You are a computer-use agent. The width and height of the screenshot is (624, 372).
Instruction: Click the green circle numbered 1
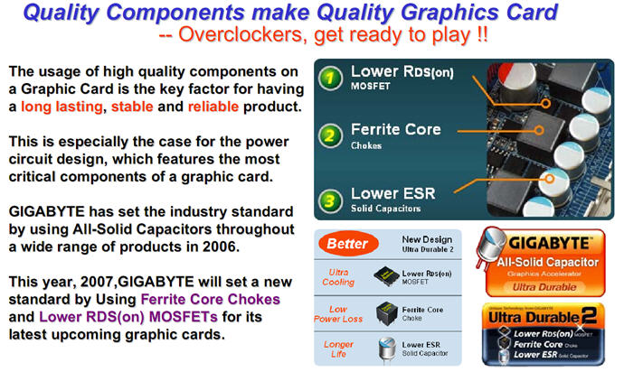[330, 78]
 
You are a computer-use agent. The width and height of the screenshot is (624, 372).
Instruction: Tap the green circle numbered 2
[330, 135]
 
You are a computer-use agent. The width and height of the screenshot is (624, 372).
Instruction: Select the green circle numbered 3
[330, 200]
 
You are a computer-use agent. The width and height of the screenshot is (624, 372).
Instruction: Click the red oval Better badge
[348, 243]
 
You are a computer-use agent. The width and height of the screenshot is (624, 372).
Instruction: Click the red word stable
[132, 107]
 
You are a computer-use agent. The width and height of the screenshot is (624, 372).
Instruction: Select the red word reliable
[213, 107]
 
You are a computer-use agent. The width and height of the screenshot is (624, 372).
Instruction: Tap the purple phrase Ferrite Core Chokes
[211, 299]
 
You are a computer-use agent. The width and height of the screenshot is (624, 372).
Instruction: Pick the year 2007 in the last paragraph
[98, 282]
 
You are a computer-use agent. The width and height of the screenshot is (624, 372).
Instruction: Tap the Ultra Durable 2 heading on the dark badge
[543, 317]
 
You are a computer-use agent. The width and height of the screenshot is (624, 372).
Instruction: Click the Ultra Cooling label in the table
[338, 277]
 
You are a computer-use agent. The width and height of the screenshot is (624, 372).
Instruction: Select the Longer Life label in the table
[338, 349]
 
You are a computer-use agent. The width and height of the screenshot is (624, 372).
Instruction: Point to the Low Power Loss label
[338, 314]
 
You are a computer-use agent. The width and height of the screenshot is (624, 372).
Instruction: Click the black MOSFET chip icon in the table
[386, 275]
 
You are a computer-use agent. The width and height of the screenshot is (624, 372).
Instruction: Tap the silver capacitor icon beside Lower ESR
[386, 349]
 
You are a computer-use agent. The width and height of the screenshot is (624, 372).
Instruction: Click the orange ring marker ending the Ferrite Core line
[539, 130]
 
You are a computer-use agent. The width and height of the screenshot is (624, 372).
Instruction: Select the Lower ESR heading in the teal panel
[392, 193]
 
